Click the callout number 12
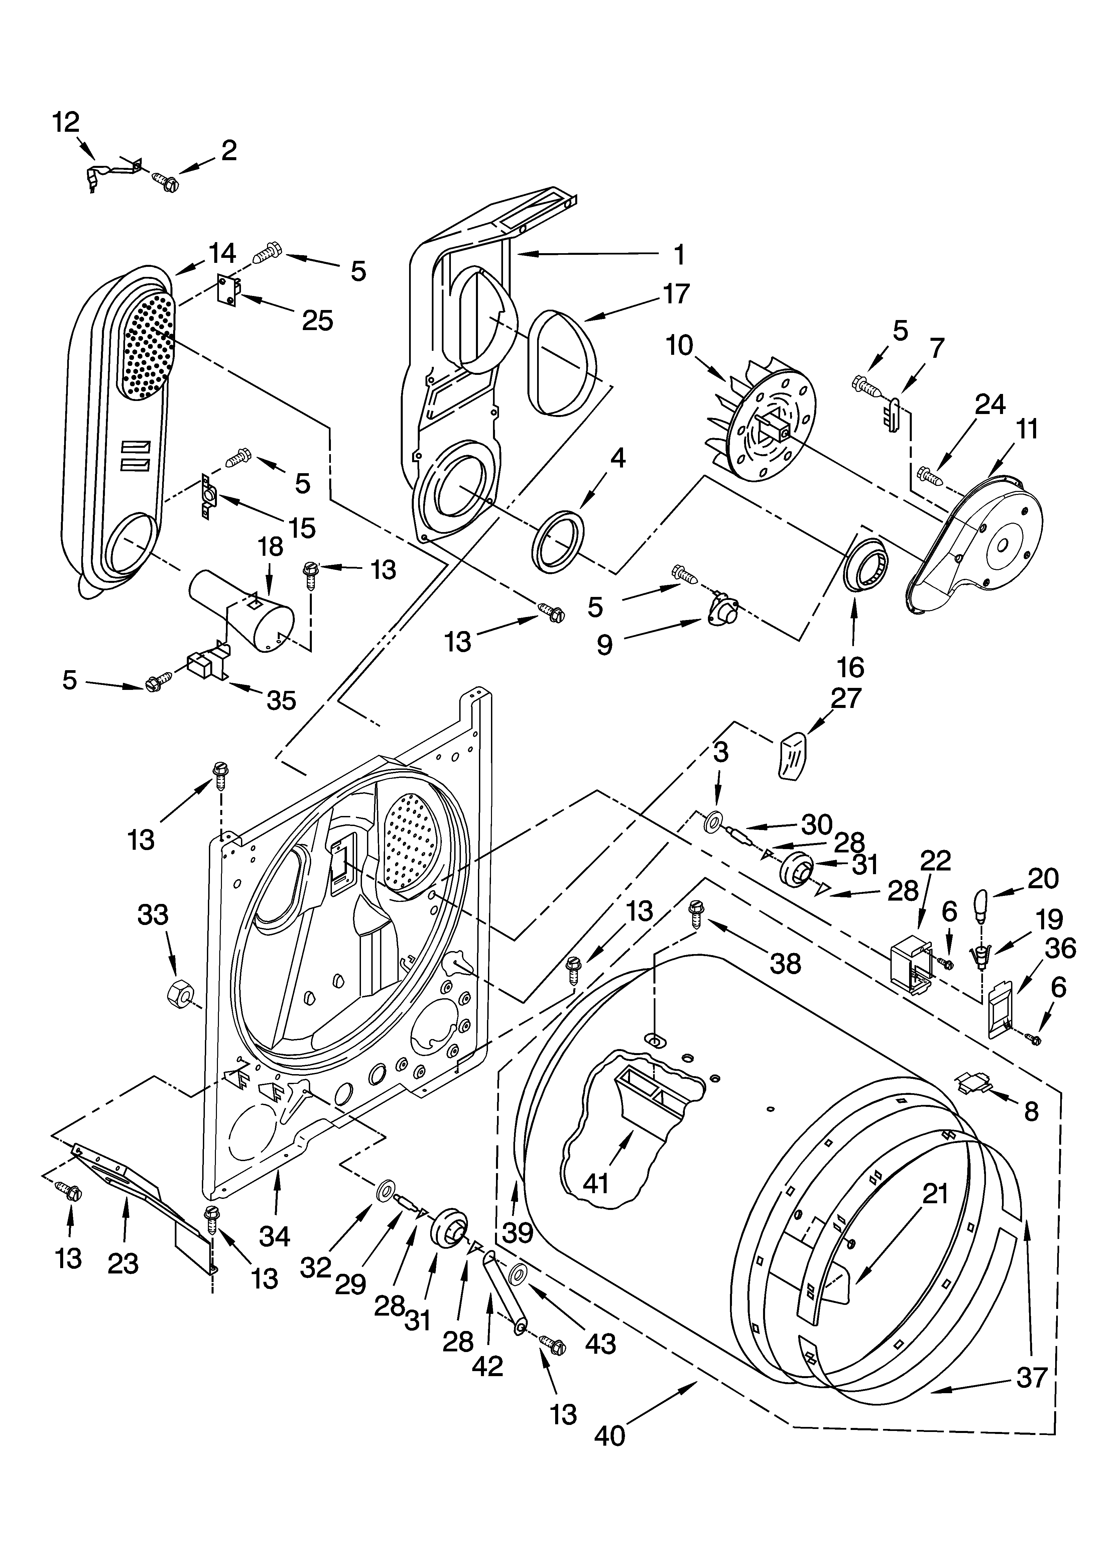point(66,123)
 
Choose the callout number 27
point(846,698)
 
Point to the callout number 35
point(281,700)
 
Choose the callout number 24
point(990,405)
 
